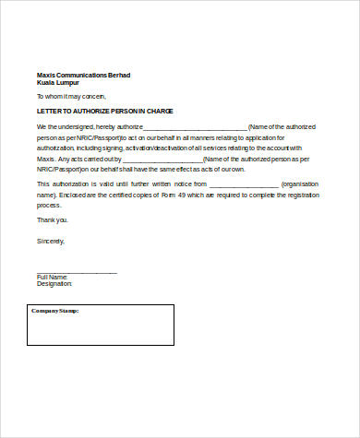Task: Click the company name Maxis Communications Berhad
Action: [84, 75]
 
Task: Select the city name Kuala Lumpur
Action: [58, 82]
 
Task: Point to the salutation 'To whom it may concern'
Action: [71, 96]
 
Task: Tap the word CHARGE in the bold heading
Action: [157, 111]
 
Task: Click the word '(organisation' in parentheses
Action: [302, 184]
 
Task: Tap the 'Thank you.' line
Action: [52, 220]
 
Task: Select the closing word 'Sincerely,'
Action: [51, 241]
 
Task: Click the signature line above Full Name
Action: [77, 272]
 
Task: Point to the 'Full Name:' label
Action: [53, 277]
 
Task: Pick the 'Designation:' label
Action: [54, 284]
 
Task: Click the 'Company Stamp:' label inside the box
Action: [55, 311]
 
